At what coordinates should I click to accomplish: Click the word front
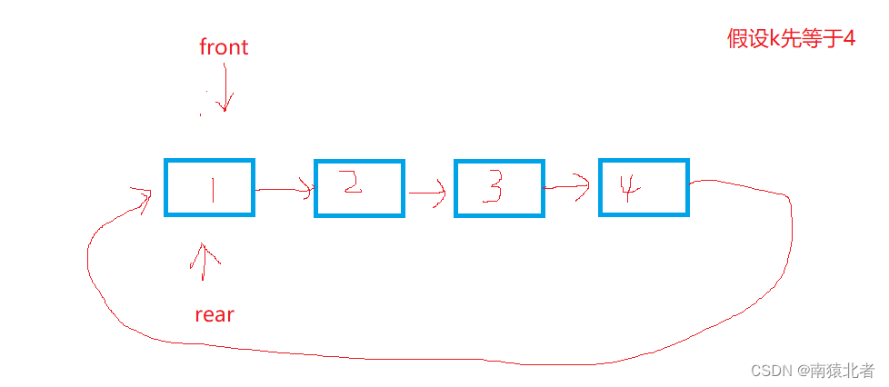[x=224, y=47]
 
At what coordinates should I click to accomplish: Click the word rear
[x=215, y=315]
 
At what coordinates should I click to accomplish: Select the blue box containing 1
[x=210, y=188]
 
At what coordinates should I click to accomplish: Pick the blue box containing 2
[x=359, y=188]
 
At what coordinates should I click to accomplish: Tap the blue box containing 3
[x=499, y=188]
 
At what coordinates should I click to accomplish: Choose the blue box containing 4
[x=644, y=187]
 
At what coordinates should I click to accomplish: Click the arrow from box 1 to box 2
[x=285, y=190]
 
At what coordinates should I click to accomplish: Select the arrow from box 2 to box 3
[x=427, y=193]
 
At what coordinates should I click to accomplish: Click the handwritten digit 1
[x=212, y=189]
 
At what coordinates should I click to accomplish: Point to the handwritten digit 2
[x=353, y=184]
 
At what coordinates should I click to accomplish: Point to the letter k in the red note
[x=776, y=39]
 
